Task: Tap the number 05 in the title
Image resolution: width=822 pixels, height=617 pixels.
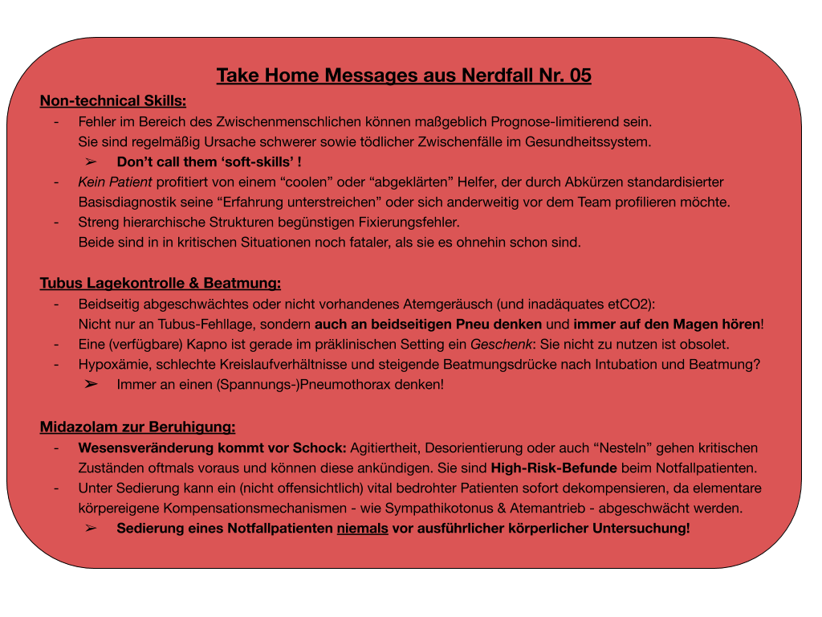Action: click(580, 76)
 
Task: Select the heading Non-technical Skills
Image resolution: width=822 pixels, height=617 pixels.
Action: click(113, 100)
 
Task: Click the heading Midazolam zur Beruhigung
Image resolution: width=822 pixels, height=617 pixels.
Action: click(137, 427)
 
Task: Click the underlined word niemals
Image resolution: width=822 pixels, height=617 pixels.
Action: click(362, 529)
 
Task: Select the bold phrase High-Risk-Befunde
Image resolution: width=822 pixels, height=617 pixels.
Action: click(554, 468)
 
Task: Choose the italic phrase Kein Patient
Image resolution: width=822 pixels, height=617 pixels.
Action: click(115, 182)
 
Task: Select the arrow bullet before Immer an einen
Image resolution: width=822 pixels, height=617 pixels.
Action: click(91, 385)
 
